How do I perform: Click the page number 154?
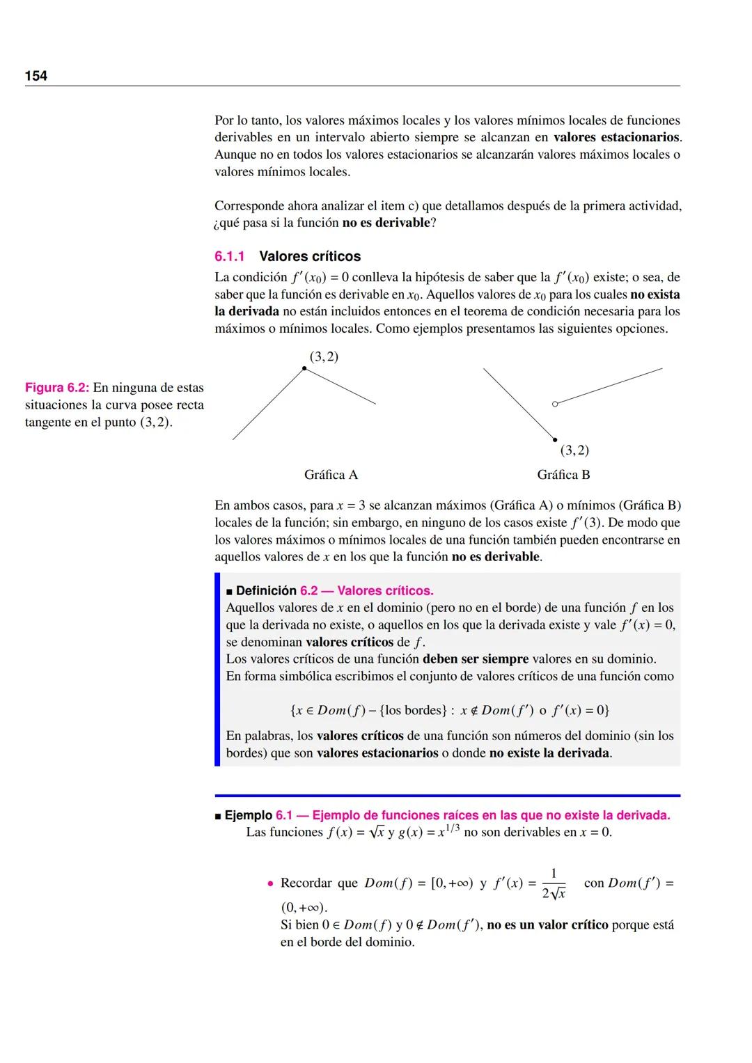click(36, 76)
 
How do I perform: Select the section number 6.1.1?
click(229, 256)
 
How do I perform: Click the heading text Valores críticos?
click(310, 256)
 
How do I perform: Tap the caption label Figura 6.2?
click(57, 388)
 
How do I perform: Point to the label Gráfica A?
click(331, 475)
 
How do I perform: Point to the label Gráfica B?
click(563, 475)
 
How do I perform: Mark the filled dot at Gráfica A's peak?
click(304, 369)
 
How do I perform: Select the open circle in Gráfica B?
click(554, 404)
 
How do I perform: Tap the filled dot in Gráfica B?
click(555, 439)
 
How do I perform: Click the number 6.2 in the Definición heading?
click(308, 591)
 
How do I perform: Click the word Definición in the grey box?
click(266, 591)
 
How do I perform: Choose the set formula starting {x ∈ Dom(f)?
click(450, 710)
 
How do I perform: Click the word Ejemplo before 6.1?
click(248, 815)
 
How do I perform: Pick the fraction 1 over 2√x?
click(554, 883)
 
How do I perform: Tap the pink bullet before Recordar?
click(270, 883)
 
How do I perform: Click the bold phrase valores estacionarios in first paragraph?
click(616, 137)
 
